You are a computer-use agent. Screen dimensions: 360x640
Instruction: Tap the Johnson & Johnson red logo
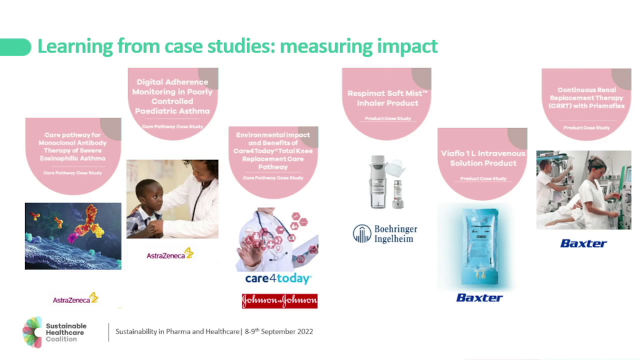click(x=279, y=301)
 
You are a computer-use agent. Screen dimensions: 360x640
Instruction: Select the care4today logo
click(x=277, y=279)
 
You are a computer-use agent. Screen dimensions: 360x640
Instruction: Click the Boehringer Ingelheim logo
click(x=384, y=234)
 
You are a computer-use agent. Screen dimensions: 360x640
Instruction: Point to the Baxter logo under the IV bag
click(x=479, y=297)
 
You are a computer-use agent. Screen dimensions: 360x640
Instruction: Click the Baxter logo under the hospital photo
click(x=583, y=243)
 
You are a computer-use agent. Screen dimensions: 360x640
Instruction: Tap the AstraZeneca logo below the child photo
click(x=169, y=254)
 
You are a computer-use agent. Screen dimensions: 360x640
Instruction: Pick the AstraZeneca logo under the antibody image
click(x=75, y=299)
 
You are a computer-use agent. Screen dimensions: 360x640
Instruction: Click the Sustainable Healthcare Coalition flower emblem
click(x=32, y=331)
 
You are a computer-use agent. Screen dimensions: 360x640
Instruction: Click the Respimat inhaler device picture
click(x=386, y=181)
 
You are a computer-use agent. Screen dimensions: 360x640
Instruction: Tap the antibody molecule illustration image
click(x=72, y=236)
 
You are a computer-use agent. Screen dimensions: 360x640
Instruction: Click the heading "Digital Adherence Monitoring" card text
click(x=172, y=96)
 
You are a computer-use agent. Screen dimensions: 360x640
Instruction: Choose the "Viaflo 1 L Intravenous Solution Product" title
click(x=483, y=158)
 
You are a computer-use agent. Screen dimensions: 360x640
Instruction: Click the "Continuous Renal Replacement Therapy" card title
click(x=586, y=98)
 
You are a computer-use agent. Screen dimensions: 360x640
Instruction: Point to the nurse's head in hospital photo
click(x=597, y=165)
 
